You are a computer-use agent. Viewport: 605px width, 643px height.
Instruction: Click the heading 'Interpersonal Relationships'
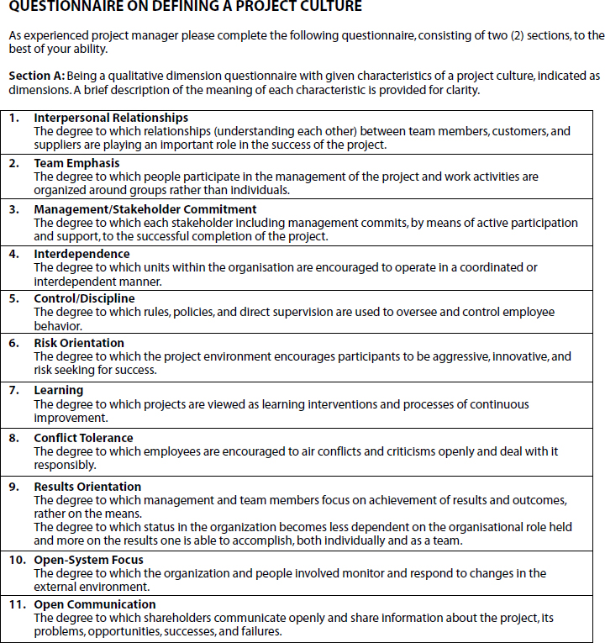pos(111,119)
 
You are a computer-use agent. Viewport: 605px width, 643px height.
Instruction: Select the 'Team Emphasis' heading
pos(76,164)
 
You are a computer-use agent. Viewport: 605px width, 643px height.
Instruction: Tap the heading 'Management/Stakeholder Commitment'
pos(145,209)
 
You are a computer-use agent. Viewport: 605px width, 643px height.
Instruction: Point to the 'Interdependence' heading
pos(82,254)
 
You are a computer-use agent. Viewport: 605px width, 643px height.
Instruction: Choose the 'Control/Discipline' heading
pos(84,298)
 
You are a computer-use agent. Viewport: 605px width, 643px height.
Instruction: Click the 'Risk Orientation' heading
pos(79,343)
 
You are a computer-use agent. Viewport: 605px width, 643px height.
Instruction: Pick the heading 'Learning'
pos(58,391)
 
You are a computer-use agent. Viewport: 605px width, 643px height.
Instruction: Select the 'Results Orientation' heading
pos(87,487)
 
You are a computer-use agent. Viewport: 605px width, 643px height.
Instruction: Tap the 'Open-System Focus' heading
pos(88,560)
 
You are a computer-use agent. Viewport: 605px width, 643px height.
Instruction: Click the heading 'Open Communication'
pos(95,604)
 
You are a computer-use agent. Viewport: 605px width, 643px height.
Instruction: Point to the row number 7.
pos(13,391)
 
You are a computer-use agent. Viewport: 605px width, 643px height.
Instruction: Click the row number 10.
pos(17,560)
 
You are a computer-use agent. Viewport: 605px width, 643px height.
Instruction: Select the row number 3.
pos(13,209)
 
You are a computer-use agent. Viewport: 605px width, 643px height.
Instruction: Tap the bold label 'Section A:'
pos(34,76)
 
